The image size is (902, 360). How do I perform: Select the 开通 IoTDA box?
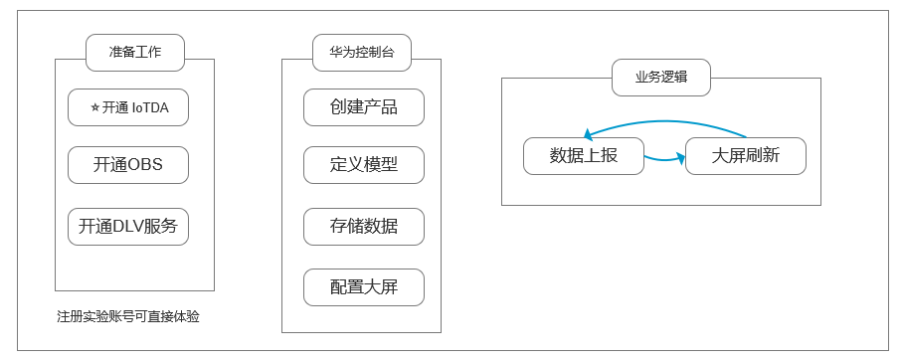point(128,107)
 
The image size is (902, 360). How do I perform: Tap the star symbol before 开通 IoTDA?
point(94,107)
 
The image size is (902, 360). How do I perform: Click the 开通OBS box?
point(128,165)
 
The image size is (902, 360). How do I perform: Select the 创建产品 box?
point(364,107)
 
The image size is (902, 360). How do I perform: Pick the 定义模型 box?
point(364,165)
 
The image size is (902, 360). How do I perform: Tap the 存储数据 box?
point(364,226)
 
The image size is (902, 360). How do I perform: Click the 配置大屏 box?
point(364,287)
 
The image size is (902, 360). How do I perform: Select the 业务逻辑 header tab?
point(661,78)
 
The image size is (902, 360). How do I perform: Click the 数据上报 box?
point(584,156)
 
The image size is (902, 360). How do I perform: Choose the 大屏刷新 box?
point(746,156)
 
